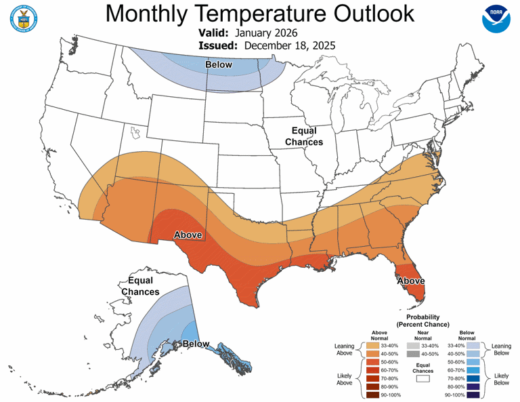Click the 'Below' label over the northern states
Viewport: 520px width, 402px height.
[x=218, y=65]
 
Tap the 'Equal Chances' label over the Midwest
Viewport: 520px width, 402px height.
[x=304, y=136]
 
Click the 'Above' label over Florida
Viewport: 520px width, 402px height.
[x=410, y=281]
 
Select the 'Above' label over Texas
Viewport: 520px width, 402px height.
[x=189, y=235]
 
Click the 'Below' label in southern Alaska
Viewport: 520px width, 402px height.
[x=196, y=344]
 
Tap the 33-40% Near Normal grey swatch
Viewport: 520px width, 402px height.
[x=413, y=346]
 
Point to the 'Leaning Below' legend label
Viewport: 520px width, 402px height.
[x=501, y=349]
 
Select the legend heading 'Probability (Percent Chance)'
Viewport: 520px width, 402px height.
[x=422, y=321]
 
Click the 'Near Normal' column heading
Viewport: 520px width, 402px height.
[x=422, y=335]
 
